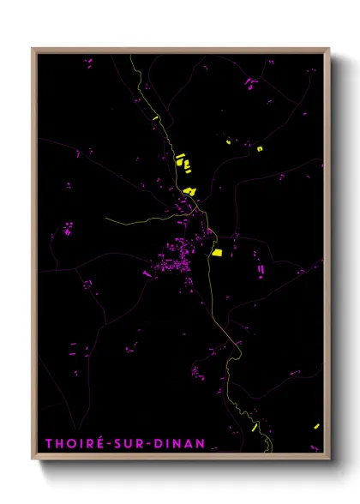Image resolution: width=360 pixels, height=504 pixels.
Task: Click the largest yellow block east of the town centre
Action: point(217,252)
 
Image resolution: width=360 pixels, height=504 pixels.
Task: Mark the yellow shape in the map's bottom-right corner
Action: point(316,426)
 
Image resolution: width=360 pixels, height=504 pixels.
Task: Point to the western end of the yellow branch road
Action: point(105,219)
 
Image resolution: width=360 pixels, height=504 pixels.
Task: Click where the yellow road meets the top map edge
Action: point(129,56)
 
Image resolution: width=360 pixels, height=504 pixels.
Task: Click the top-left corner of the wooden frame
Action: point(33,49)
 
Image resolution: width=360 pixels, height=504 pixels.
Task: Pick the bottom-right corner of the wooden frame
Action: point(329,459)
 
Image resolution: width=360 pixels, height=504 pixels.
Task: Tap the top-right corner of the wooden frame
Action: point(329,49)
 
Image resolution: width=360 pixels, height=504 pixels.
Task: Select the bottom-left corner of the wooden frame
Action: point(33,459)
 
